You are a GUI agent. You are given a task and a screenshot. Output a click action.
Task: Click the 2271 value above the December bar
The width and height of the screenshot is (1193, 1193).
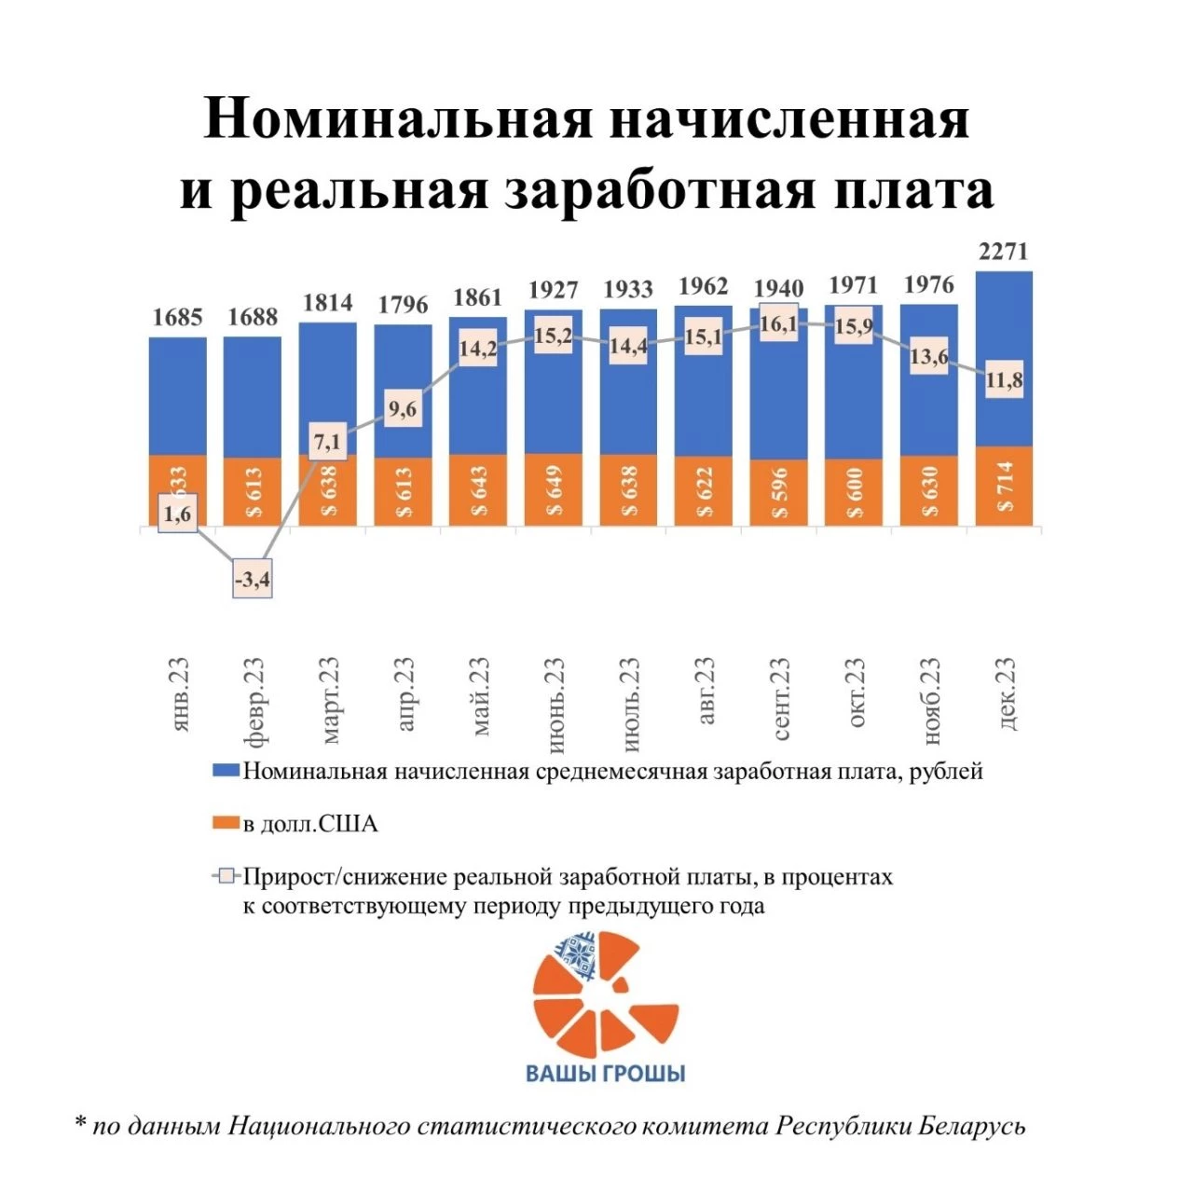pos(1003,252)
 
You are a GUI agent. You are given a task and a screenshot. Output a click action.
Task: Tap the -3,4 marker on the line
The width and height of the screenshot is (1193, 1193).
pos(253,581)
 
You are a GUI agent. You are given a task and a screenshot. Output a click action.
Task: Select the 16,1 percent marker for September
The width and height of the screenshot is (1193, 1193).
pos(778,323)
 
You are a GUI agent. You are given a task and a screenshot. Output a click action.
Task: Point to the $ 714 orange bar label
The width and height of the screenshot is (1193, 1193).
pos(1004,487)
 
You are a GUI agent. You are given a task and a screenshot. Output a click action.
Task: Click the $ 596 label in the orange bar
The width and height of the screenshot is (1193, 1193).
pos(778,491)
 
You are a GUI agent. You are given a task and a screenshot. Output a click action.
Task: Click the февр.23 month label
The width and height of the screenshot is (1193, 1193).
pos(254,702)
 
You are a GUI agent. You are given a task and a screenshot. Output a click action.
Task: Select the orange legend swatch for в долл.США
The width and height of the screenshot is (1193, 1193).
pos(226,824)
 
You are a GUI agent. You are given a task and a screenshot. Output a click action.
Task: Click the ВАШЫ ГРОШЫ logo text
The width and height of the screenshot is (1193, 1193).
pos(606,1073)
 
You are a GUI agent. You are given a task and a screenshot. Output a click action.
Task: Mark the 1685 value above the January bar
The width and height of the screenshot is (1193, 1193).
pos(177,318)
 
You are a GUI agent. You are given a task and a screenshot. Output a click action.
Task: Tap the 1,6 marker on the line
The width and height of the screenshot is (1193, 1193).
pos(177,514)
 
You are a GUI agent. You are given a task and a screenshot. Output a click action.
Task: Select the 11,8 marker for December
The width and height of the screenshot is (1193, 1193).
pos(1005,380)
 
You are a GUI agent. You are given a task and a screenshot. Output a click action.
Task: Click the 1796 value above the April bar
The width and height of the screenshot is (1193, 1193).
pos(403,305)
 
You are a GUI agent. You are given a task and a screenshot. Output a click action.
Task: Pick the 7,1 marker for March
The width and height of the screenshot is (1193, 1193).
pos(328,442)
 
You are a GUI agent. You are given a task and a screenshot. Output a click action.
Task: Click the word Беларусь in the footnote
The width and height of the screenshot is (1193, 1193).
pos(971,1126)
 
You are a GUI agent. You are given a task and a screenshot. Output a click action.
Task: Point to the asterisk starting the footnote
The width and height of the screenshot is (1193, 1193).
pos(80,1123)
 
